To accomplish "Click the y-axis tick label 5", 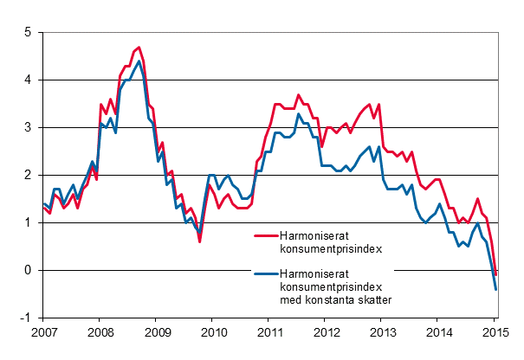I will click(x=28, y=32).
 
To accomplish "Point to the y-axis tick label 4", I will click(x=28, y=80).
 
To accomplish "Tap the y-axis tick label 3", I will click(x=28, y=127).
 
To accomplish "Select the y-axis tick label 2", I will click(x=28, y=175).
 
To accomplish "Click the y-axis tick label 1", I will click(x=28, y=222).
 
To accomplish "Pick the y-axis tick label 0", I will click(x=28, y=270).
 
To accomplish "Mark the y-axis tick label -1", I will click(x=26, y=318).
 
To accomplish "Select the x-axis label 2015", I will click(x=495, y=332).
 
